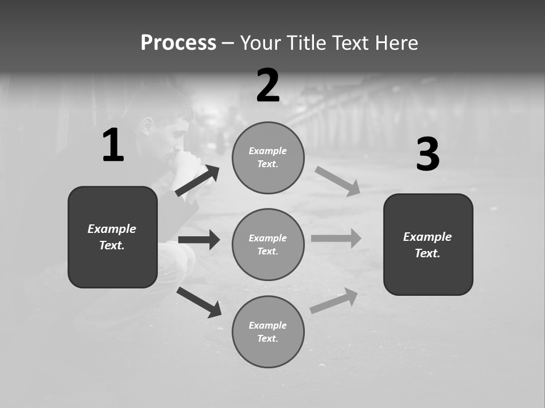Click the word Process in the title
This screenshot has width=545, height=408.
[x=178, y=43]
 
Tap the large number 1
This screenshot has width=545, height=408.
[x=113, y=146]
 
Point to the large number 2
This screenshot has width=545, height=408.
[x=268, y=86]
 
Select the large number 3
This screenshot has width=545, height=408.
[x=427, y=154]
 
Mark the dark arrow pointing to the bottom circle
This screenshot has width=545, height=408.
[x=199, y=302]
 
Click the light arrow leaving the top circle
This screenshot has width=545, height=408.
[x=337, y=181]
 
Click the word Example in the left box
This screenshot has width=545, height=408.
[x=112, y=229]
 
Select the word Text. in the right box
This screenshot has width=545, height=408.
[x=427, y=253]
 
